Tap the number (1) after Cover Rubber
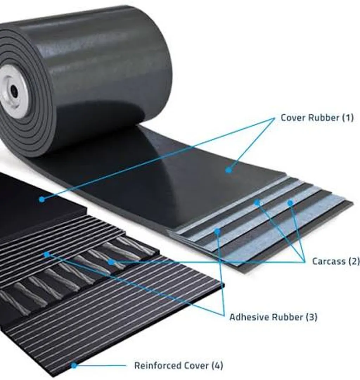pos(348,118)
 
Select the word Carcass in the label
pos(328,261)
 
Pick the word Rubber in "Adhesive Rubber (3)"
pos(288,317)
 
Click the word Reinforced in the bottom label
pos(157,366)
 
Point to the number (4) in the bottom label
pos(217,366)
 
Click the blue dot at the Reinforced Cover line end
pos(74,365)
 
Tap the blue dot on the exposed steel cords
pos(111,262)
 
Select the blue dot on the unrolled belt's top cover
pos(228,170)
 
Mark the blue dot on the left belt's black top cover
pos(42,199)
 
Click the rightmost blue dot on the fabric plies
pos(290,203)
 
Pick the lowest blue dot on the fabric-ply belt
pos(217,231)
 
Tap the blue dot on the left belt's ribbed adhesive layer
pos(47,254)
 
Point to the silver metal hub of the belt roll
pos(11,91)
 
